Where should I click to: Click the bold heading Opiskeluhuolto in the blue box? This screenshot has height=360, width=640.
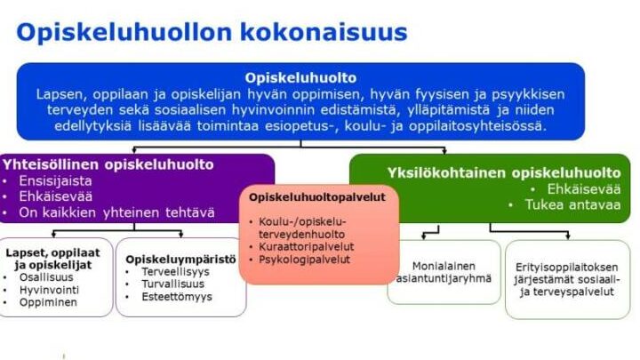coord(300,77)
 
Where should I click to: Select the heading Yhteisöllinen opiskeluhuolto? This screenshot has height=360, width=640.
coord(108,164)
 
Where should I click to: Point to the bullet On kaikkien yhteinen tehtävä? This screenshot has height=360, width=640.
coord(116,212)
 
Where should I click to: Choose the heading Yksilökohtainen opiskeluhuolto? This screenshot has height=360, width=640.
coord(504,172)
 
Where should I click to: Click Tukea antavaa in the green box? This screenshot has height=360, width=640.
coord(572,204)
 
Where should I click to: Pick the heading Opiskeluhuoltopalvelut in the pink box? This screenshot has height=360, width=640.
coord(317,197)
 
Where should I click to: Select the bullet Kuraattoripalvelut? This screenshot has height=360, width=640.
coord(306,246)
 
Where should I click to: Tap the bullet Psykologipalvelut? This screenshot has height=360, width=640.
coord(304,260)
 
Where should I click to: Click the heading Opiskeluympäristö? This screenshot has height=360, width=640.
coord(180,260)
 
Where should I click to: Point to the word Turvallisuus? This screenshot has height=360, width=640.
coord(172,284)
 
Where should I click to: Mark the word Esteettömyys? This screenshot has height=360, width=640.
coord(177,297)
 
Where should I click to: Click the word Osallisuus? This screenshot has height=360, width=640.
coord(46,277)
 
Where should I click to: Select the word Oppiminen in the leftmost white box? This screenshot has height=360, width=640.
coord(48,302)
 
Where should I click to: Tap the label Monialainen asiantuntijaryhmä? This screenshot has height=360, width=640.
coord(444,272)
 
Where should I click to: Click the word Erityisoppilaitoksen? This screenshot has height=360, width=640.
coord(566,268)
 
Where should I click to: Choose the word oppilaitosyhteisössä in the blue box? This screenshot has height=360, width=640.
coord(477,125)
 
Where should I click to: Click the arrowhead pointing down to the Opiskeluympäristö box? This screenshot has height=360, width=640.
coord(180,235)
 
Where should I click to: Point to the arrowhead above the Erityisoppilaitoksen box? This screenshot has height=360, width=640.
coord(568,236)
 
